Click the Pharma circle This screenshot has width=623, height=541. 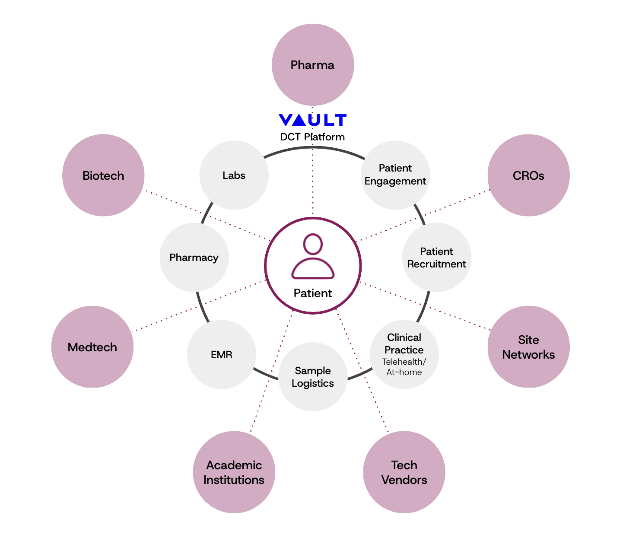(x=312, y=65)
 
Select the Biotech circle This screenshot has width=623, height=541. (x=103, y=175)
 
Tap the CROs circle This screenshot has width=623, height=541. (x=528, y=175)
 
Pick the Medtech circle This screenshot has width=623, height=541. (x=92, y=347)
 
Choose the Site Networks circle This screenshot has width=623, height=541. (x=528, y=347)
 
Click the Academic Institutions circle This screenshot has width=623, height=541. (x=234, y=472)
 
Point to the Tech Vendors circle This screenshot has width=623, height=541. (x=404, y=472)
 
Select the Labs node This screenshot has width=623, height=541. (x=234, y=175)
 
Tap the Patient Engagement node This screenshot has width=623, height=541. (x=395, y=175)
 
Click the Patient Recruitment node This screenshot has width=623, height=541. (x=436, y=258)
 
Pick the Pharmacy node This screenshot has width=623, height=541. (x=194, y=258)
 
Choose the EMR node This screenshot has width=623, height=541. (x=222, y=354)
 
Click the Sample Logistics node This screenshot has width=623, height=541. (x=313, y=377)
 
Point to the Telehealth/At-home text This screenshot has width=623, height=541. (x=404, y=367)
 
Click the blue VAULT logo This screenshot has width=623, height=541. (x=312, y=120)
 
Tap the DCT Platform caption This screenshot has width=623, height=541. (x=312, y=137)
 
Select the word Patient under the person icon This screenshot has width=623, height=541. (x=313, y=293)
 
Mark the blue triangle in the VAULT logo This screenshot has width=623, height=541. (x=299, y=120)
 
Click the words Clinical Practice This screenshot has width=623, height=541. (x=404, y=344)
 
